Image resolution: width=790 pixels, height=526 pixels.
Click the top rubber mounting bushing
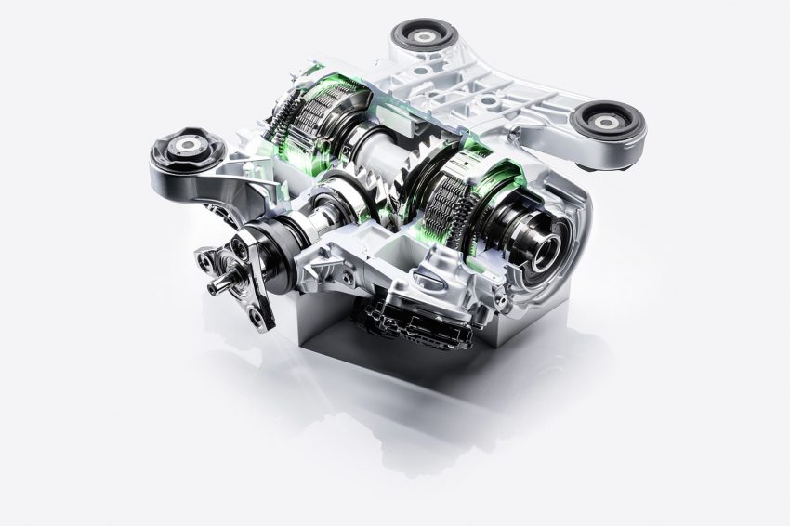coord(423,38)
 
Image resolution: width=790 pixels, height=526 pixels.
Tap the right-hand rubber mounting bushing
coord(607,123)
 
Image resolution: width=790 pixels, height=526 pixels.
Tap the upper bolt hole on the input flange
coord(241,243)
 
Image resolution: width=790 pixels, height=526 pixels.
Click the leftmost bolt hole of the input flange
coord(204,256)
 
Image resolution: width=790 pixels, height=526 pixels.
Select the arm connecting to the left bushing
coord(223,186)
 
